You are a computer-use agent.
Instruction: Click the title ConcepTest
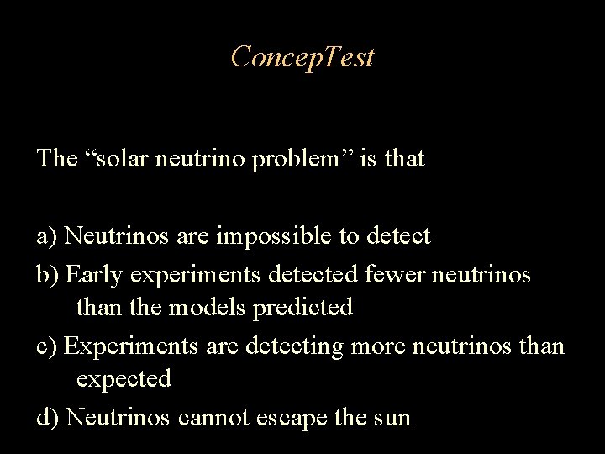click(302, 58)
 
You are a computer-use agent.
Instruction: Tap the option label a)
click(47, 236)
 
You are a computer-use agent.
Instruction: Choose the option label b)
click(48, 274)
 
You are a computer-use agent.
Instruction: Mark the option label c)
click(47, 346)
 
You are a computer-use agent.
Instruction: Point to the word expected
click(124, 379)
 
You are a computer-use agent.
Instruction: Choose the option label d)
click(48, 417)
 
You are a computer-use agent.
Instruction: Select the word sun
click(393, 417)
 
